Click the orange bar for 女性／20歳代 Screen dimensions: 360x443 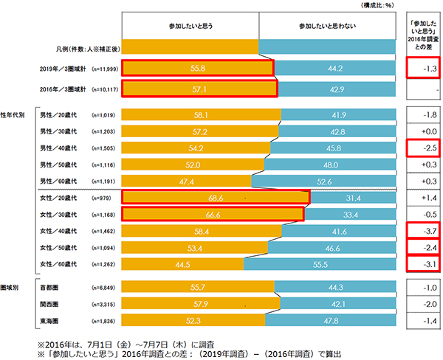point(215,198)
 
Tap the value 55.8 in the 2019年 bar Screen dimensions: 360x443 point(198,69)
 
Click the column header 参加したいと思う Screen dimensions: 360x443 point(190,27)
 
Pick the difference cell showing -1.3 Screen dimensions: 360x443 point(425,69)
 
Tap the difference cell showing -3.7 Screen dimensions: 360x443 point(425,231)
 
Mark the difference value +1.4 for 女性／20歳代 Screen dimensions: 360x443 point(425,198)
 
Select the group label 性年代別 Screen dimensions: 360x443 point(15,115)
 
